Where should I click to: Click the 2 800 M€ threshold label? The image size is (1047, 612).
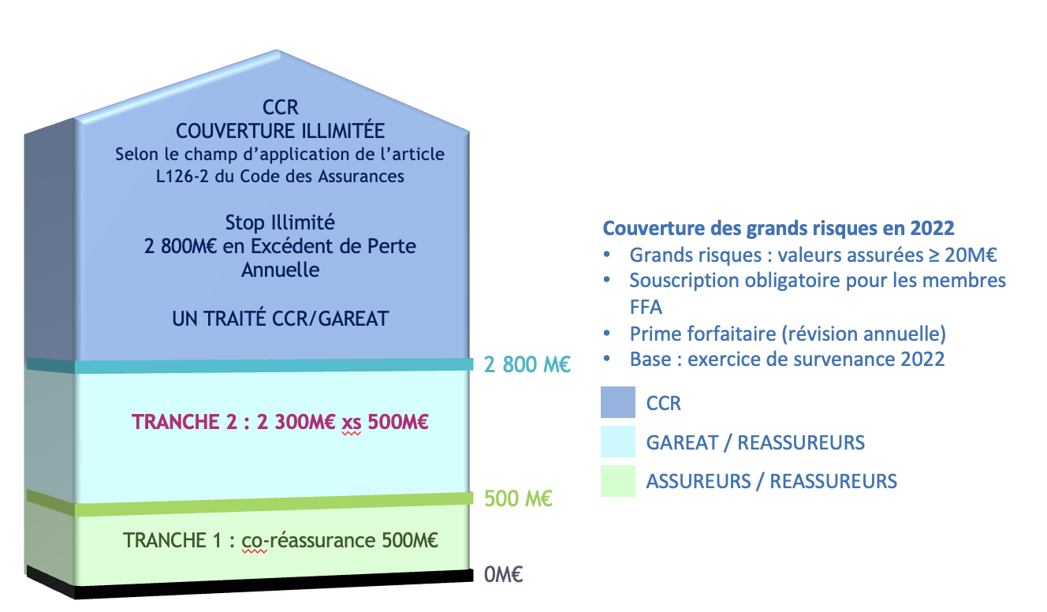coord(527,364)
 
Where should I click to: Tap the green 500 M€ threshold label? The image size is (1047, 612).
coord(518,498)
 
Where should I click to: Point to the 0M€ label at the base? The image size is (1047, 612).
coord(503,574)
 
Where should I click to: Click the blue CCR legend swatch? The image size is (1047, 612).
coord(618,402)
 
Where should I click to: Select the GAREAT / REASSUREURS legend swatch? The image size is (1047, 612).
coord(618,442)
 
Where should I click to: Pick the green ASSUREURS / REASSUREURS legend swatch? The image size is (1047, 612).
coord(618,480)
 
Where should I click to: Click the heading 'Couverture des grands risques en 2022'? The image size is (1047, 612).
coord(778,228)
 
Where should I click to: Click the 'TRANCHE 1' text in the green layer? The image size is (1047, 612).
coord(172,540)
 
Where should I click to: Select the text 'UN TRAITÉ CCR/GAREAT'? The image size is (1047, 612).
coord(280,319)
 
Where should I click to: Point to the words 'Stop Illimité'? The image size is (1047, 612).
coord(280,222)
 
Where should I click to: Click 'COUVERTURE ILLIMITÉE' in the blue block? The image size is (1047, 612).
coord(280,131)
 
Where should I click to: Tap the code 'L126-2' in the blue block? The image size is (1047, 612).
coord(182,176)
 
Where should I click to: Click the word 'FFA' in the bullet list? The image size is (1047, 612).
coord(646,307)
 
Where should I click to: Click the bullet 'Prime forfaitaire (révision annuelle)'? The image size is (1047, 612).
coord(788,334)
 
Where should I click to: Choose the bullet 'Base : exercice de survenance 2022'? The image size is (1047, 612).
coord(787,359)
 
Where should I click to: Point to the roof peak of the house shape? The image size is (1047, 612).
coord(278,50)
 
